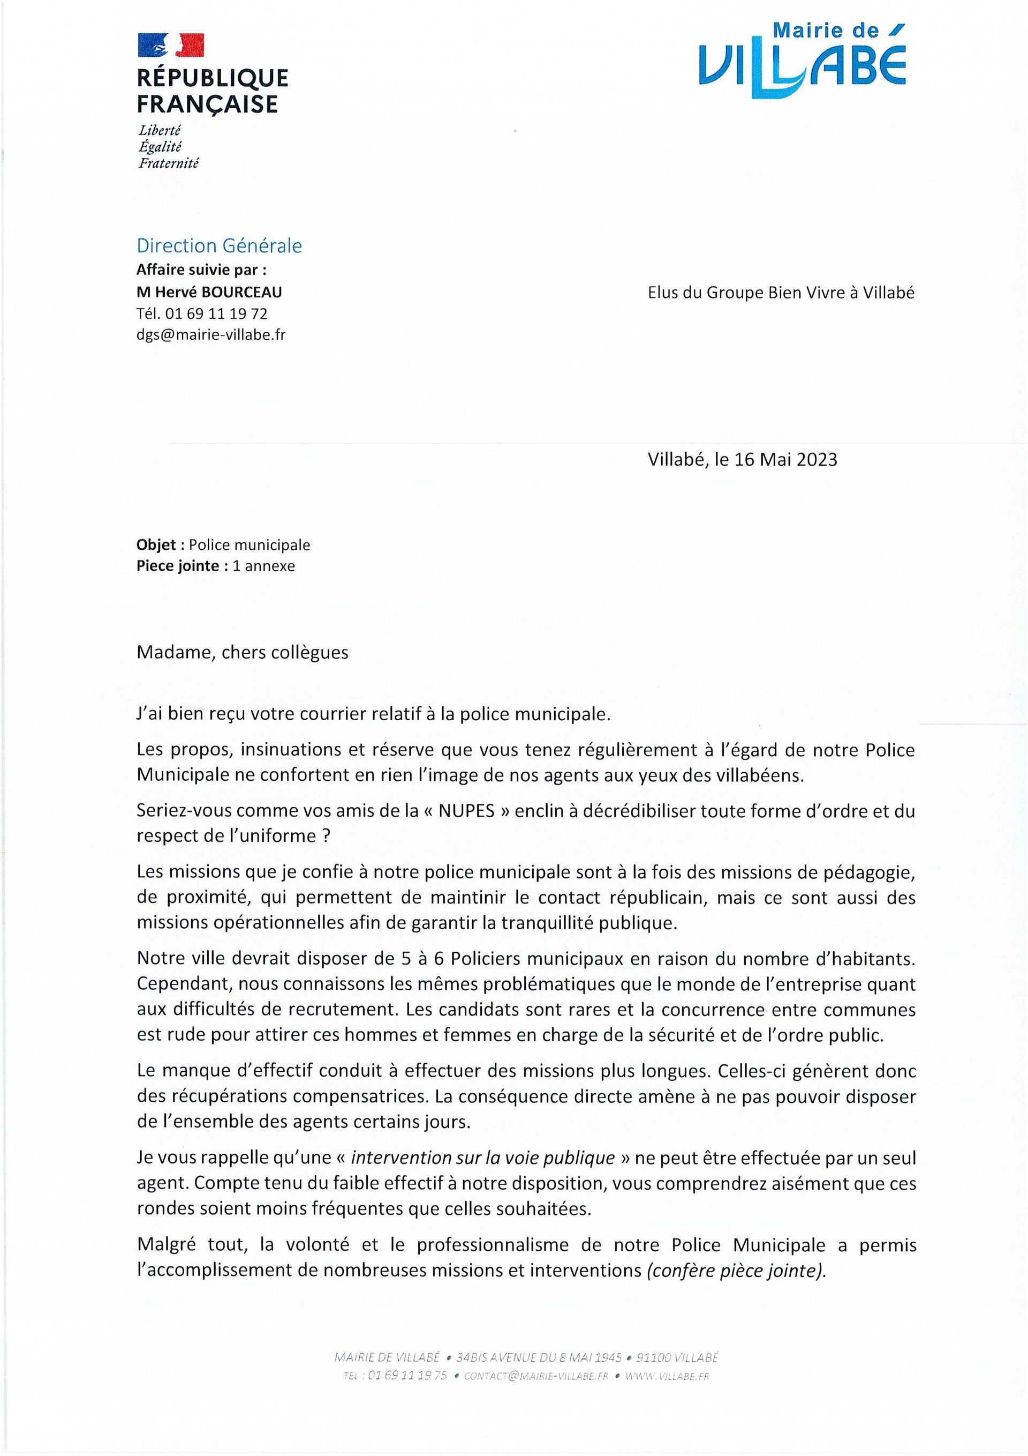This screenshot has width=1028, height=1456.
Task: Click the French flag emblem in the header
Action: tap(171, 46)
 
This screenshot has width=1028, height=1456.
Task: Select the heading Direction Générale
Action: tap(220, 245)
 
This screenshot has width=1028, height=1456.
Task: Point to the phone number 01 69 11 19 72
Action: tap(216, 313)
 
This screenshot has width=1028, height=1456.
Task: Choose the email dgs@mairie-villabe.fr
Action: tap(211, 334)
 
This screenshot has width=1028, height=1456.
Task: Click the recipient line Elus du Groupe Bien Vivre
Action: tap(781, 293)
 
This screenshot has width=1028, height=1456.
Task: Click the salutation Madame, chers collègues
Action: tap(242, 653)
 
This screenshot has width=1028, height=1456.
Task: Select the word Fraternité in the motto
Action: tap(169, 163)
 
